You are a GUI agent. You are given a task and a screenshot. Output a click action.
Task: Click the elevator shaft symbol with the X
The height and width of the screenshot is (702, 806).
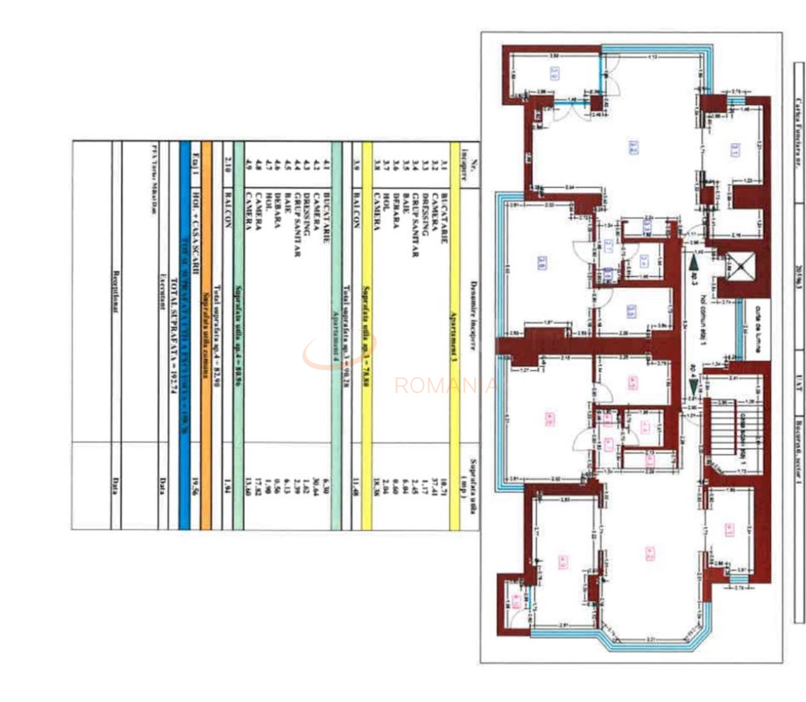pos(738,266)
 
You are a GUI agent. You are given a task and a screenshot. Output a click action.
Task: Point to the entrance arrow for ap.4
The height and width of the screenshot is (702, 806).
pos(693,388)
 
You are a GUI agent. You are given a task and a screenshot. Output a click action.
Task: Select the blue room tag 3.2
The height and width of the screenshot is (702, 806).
pos(633,148)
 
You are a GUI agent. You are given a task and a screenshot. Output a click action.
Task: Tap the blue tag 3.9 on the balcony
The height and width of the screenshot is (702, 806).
pos(554,74)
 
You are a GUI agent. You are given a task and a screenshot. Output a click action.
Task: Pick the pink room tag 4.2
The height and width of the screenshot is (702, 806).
pos(649,553)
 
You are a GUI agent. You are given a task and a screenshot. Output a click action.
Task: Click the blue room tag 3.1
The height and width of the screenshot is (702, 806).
pos(734,149)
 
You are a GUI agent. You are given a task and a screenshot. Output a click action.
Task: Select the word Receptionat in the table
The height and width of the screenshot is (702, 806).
pos(116,291)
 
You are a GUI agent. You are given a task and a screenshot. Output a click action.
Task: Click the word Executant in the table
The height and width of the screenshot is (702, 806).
pos(163,291)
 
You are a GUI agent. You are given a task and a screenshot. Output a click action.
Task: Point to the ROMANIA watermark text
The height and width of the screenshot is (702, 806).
pos(445,386)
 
